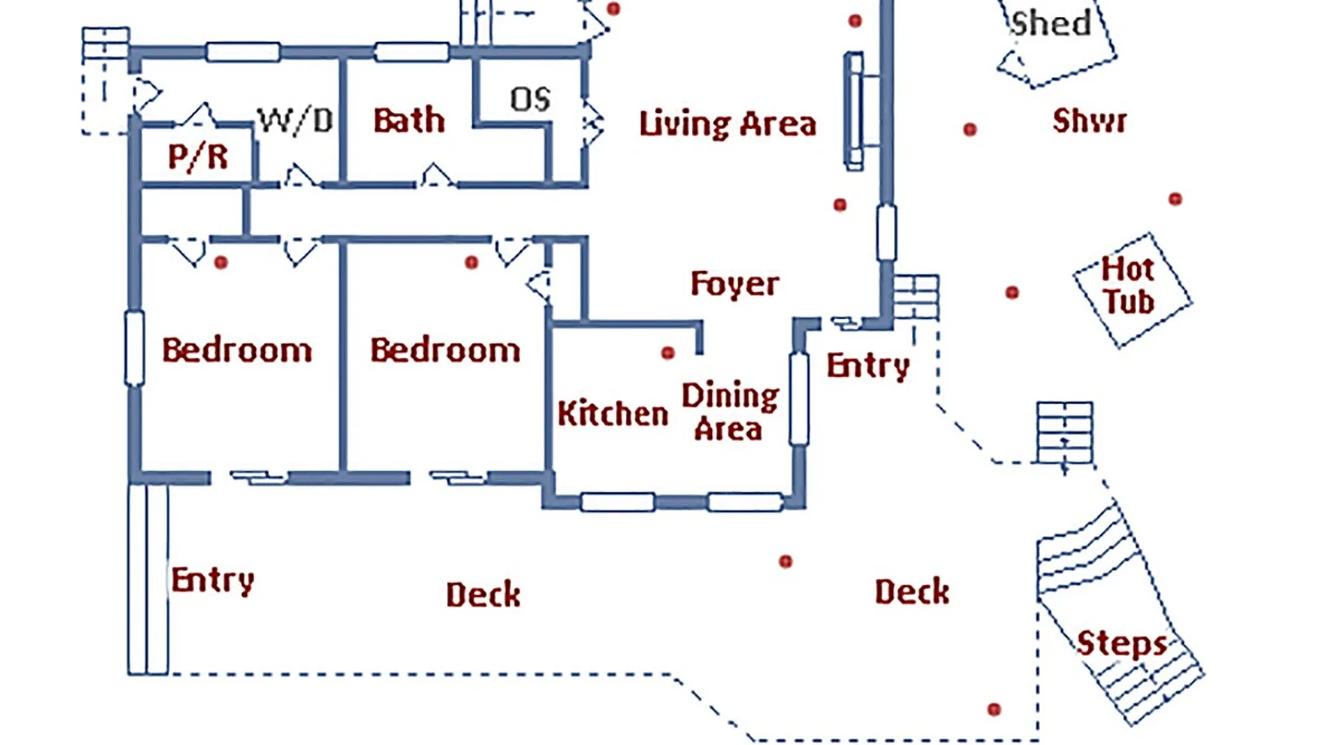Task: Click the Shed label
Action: pos(1050,24)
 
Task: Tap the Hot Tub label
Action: pos(1129,286)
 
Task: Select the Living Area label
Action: pos(728,124)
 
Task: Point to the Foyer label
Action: pos(735,284)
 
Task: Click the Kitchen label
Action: pos(612,413)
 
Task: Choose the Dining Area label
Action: pos(729,412)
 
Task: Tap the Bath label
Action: pos(409,121)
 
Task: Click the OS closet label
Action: pos(530,99)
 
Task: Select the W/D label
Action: pos(296,121)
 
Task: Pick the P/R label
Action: pos(197,157)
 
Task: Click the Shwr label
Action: pos(1089,121)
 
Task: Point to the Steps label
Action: pos(1122,644)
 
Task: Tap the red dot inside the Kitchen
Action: pos(668,352)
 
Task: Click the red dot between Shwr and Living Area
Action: pos(969,130)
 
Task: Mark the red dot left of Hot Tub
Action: pos(1012,292)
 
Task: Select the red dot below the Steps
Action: pos(994,709)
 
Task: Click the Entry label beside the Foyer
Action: pos(868,366)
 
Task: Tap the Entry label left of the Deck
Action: pos(213,580)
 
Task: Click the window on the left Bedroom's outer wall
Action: pos(134,349)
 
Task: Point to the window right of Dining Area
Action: pos(799,399)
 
